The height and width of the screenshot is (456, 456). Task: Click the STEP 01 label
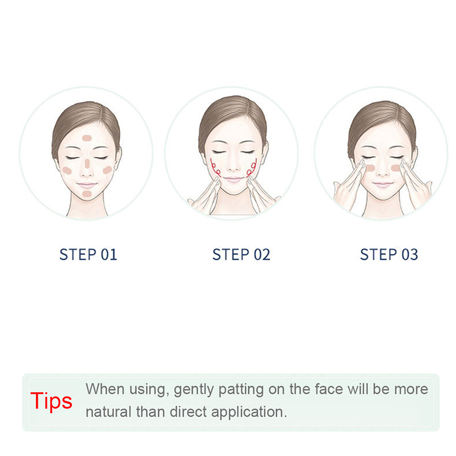click(88, 254)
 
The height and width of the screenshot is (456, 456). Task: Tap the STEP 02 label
click(241, 254)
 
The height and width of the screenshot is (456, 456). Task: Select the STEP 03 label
click(389, 254)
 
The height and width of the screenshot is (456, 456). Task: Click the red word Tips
click(51, 401)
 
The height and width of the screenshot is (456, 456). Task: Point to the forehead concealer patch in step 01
click(87, 138)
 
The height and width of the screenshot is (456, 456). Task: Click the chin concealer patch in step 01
click(87, 194)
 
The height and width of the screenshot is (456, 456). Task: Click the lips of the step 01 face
click(87, 185)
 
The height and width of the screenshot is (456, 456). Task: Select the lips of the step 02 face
click(233, 180)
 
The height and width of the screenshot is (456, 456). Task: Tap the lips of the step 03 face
click(382, 184)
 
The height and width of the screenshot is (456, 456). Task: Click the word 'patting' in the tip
click(241, 390)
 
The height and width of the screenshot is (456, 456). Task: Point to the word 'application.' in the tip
click(249, 413)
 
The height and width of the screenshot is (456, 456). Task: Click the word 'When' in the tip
click(105, 389)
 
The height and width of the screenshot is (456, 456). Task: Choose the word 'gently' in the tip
click(193, 390)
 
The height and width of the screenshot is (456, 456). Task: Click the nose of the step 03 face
click(382, 170)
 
